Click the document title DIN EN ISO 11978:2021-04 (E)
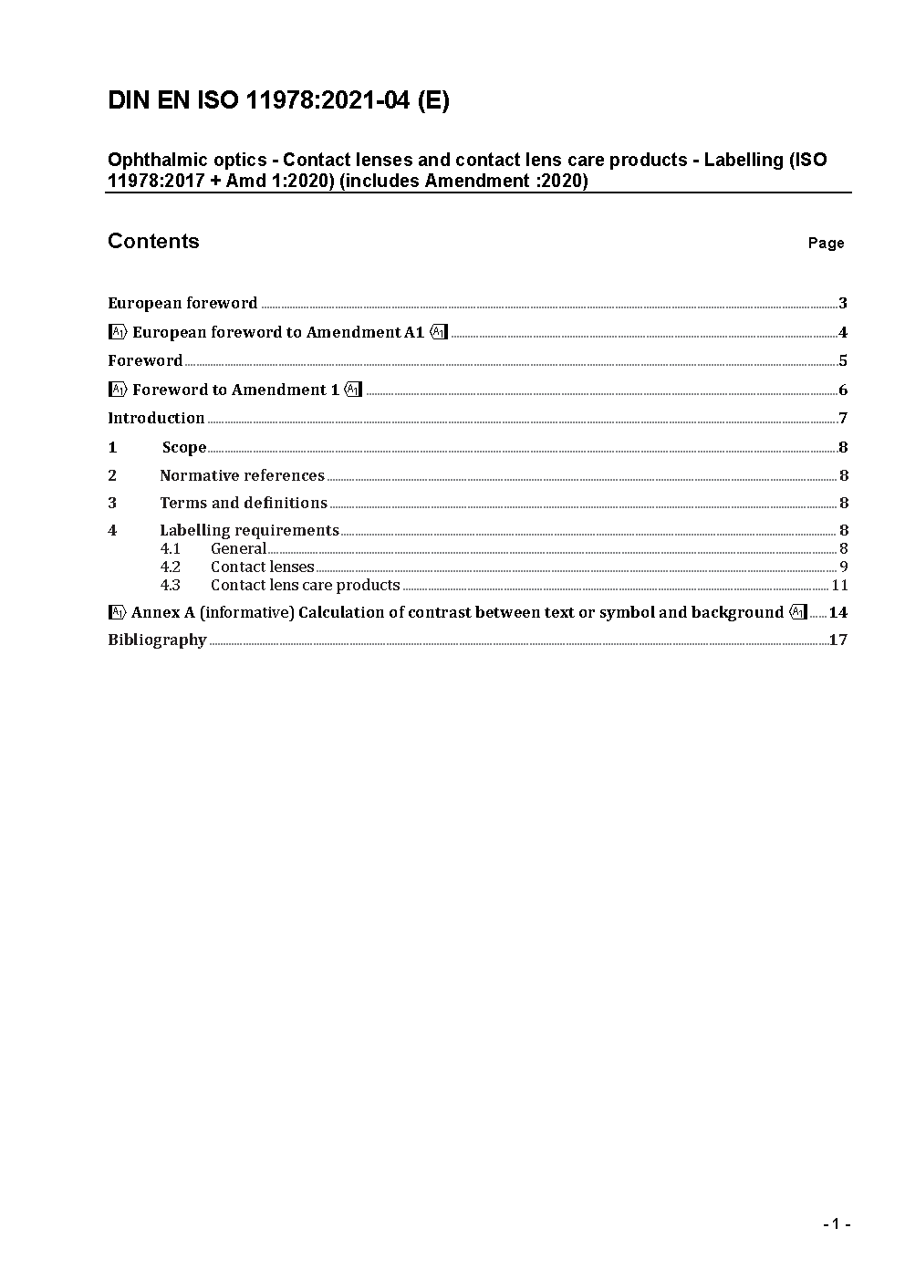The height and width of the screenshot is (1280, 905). [278, 100]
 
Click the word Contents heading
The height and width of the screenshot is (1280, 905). [153, 241]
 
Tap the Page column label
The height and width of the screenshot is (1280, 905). [826, 243]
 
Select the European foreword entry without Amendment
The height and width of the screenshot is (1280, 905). [182, 303]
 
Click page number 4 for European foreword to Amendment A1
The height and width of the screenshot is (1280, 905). [843, 332]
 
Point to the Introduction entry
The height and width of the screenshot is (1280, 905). [156, 418]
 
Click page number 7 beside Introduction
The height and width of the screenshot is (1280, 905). [843, 418]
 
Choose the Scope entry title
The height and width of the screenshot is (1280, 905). [184, 447]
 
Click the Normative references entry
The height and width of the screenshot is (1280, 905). [242, 475]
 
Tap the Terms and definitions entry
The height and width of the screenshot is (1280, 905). [244, 503]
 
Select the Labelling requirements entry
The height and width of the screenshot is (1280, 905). [249, 530]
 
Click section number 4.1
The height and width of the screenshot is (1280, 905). [171, 548]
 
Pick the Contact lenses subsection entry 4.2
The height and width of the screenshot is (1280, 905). [262, 567]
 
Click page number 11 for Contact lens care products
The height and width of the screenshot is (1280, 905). [839, 585]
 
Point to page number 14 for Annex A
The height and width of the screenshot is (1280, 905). [837, 612]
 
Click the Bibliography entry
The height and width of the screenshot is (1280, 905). [157, 640]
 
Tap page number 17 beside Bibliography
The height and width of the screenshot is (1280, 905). [838, 640]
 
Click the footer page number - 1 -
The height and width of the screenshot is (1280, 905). [836, 1223]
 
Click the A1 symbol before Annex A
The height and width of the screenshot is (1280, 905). [117, 612]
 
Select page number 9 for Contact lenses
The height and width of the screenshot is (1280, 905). [844, 567]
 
